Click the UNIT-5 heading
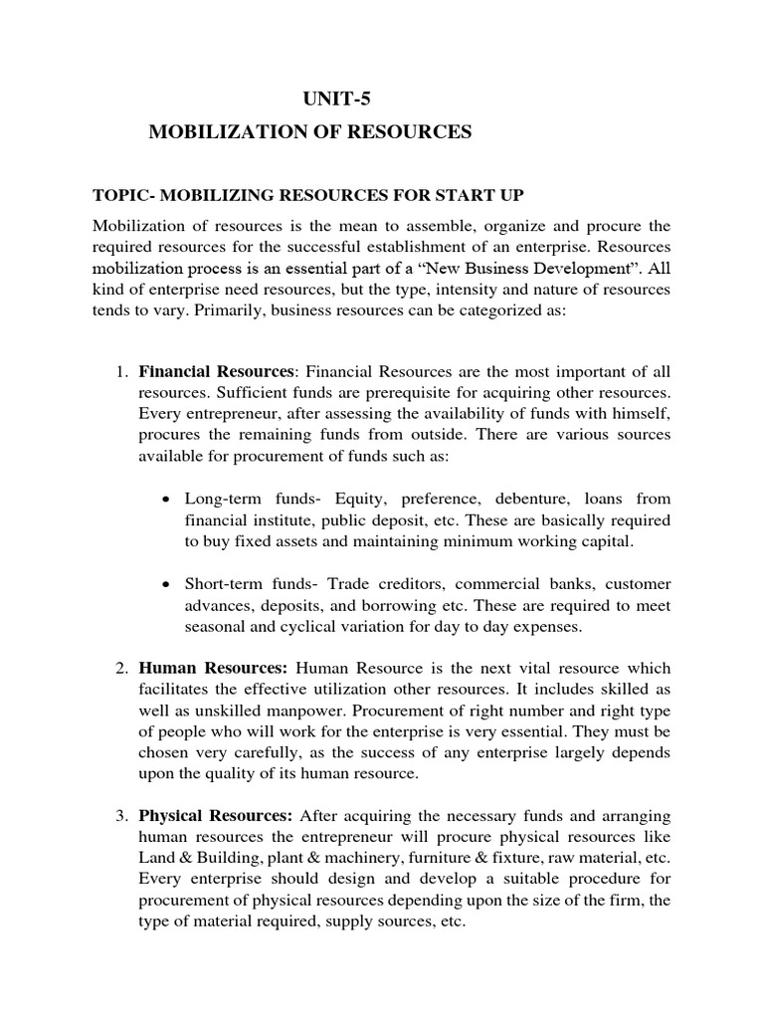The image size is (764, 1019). pos(339,98)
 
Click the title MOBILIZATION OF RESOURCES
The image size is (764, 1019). pos(309,131)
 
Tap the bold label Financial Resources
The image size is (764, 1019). pos(216,372)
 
